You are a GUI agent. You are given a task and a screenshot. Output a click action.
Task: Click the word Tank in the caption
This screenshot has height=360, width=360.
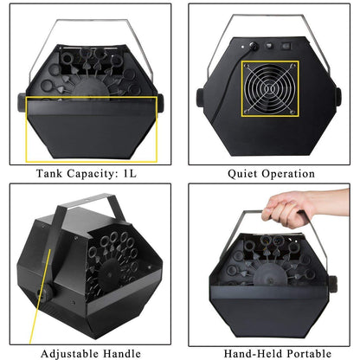(x=49, y=173)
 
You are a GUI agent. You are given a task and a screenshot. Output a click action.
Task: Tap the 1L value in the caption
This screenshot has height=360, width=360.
(x=130, y=173)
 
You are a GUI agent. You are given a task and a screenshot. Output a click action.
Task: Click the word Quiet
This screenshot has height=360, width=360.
(x=242, y=174)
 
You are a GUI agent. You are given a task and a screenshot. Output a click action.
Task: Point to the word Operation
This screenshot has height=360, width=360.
(x=288, y=174)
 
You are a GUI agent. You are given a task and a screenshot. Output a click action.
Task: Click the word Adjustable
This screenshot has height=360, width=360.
(x=69, y=354)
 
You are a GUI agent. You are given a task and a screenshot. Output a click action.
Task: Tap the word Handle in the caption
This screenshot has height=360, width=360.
(x=122, y=353)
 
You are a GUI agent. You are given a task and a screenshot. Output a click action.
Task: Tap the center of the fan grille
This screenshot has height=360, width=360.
(x=270, y=88)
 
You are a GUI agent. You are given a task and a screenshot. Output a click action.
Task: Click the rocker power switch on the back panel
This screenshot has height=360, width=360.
(x=286, y=46)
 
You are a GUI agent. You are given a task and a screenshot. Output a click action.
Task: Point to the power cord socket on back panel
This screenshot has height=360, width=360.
(x=254, y=46)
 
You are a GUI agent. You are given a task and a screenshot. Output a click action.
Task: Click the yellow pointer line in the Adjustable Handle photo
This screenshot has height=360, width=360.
(x=40, y=297)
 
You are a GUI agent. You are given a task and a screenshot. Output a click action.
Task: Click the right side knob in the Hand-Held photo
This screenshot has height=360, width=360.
(x=332, y=284)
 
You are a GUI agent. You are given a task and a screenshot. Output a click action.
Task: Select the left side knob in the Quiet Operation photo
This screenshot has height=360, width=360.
(x=200, y=98)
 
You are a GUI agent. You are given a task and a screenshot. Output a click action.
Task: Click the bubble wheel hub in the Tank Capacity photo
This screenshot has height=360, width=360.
(x=90, y=88)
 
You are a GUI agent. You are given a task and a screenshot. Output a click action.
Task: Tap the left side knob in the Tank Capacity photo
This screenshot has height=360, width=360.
(x=22, y=102)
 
